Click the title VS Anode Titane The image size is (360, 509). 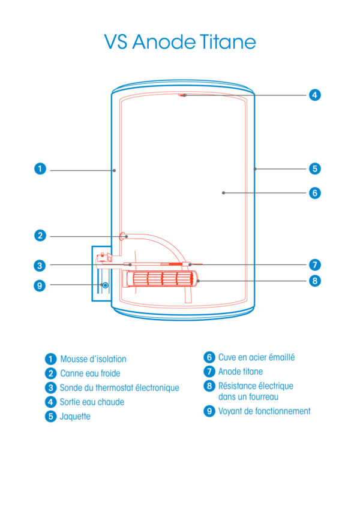(x=180, y=42)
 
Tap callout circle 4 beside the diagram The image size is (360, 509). (x=315, y=95)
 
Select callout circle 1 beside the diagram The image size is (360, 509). (x=40, y=169)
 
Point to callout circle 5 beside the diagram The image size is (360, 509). (x=315, y=168)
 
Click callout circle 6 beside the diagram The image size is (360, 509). (x=315, y=192)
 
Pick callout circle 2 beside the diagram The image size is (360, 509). (x=40, y=236)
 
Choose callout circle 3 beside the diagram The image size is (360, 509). (x=40, y=264)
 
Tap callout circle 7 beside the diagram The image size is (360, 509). (x=315, y=264)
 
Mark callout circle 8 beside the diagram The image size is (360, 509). (x=315, y=280)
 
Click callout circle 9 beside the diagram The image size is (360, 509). (x=40, y=285)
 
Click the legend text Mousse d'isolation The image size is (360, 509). (x=93, y=359)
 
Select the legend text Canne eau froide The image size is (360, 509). (x=90, y=374)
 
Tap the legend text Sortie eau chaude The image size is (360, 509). (x=92, y=402)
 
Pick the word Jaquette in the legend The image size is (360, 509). (x=75, y=416)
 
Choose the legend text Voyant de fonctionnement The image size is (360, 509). (x=264, y=411)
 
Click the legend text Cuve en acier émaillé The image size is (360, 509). (x=256, y=357)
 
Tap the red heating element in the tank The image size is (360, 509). (x=162, y=279)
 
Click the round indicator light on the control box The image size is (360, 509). (x=106, y=285)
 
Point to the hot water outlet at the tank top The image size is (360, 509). (x=183, y=95)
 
